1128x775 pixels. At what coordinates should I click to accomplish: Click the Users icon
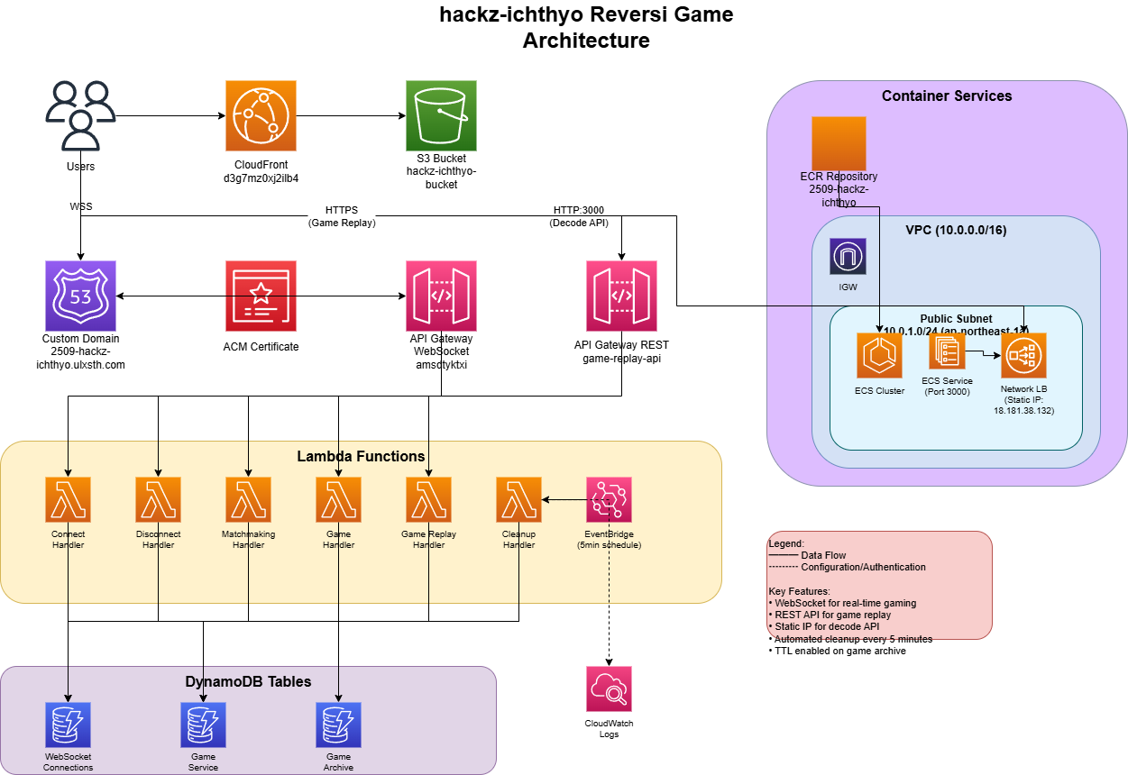coord(80,115)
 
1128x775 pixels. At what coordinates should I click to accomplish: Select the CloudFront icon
coord(261,116)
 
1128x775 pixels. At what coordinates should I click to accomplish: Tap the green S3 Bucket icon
coord(441,116)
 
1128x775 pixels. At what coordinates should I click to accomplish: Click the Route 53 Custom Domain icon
coord(80,296)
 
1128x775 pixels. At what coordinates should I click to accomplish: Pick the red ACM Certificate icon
coord(261,296)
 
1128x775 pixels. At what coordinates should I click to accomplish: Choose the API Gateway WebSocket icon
coord(441,296)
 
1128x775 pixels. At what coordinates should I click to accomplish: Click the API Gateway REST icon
coord(621,296)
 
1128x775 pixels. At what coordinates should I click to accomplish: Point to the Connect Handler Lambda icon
coord(68,499)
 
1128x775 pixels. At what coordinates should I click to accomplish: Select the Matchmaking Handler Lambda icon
coord(248,499)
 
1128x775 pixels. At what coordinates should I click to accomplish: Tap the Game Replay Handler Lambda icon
coord(428,499)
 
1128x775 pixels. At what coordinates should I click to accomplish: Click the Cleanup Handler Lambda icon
coord(518,499)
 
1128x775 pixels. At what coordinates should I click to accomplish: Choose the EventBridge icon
coord(609,499)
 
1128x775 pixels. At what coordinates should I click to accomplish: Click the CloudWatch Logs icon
coord(609,688)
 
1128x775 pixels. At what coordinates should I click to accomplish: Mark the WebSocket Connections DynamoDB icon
coord(68,725)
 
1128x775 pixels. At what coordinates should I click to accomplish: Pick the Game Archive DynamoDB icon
coord(338,725)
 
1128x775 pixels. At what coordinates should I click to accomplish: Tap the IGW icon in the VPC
coord(848,256)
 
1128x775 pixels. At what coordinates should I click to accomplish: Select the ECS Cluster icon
coord(879,355)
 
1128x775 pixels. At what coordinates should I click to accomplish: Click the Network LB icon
coord(1023,355)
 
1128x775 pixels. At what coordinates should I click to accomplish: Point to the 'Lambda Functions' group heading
coord(361,456)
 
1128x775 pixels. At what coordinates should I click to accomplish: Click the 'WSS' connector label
coord(81,207)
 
